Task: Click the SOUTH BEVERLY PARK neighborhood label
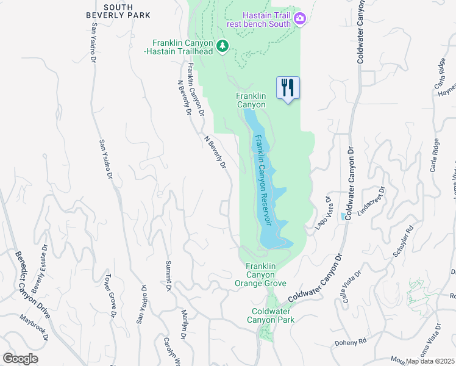point(118,11)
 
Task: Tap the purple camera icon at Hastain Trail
point(299,19)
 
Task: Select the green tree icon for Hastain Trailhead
point(223,46)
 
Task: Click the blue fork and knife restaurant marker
point(288,87)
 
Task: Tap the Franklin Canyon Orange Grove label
point(261,274)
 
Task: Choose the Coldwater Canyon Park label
point(273,315)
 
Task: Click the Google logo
point(20,359)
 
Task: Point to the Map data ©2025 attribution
point(430,361)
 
